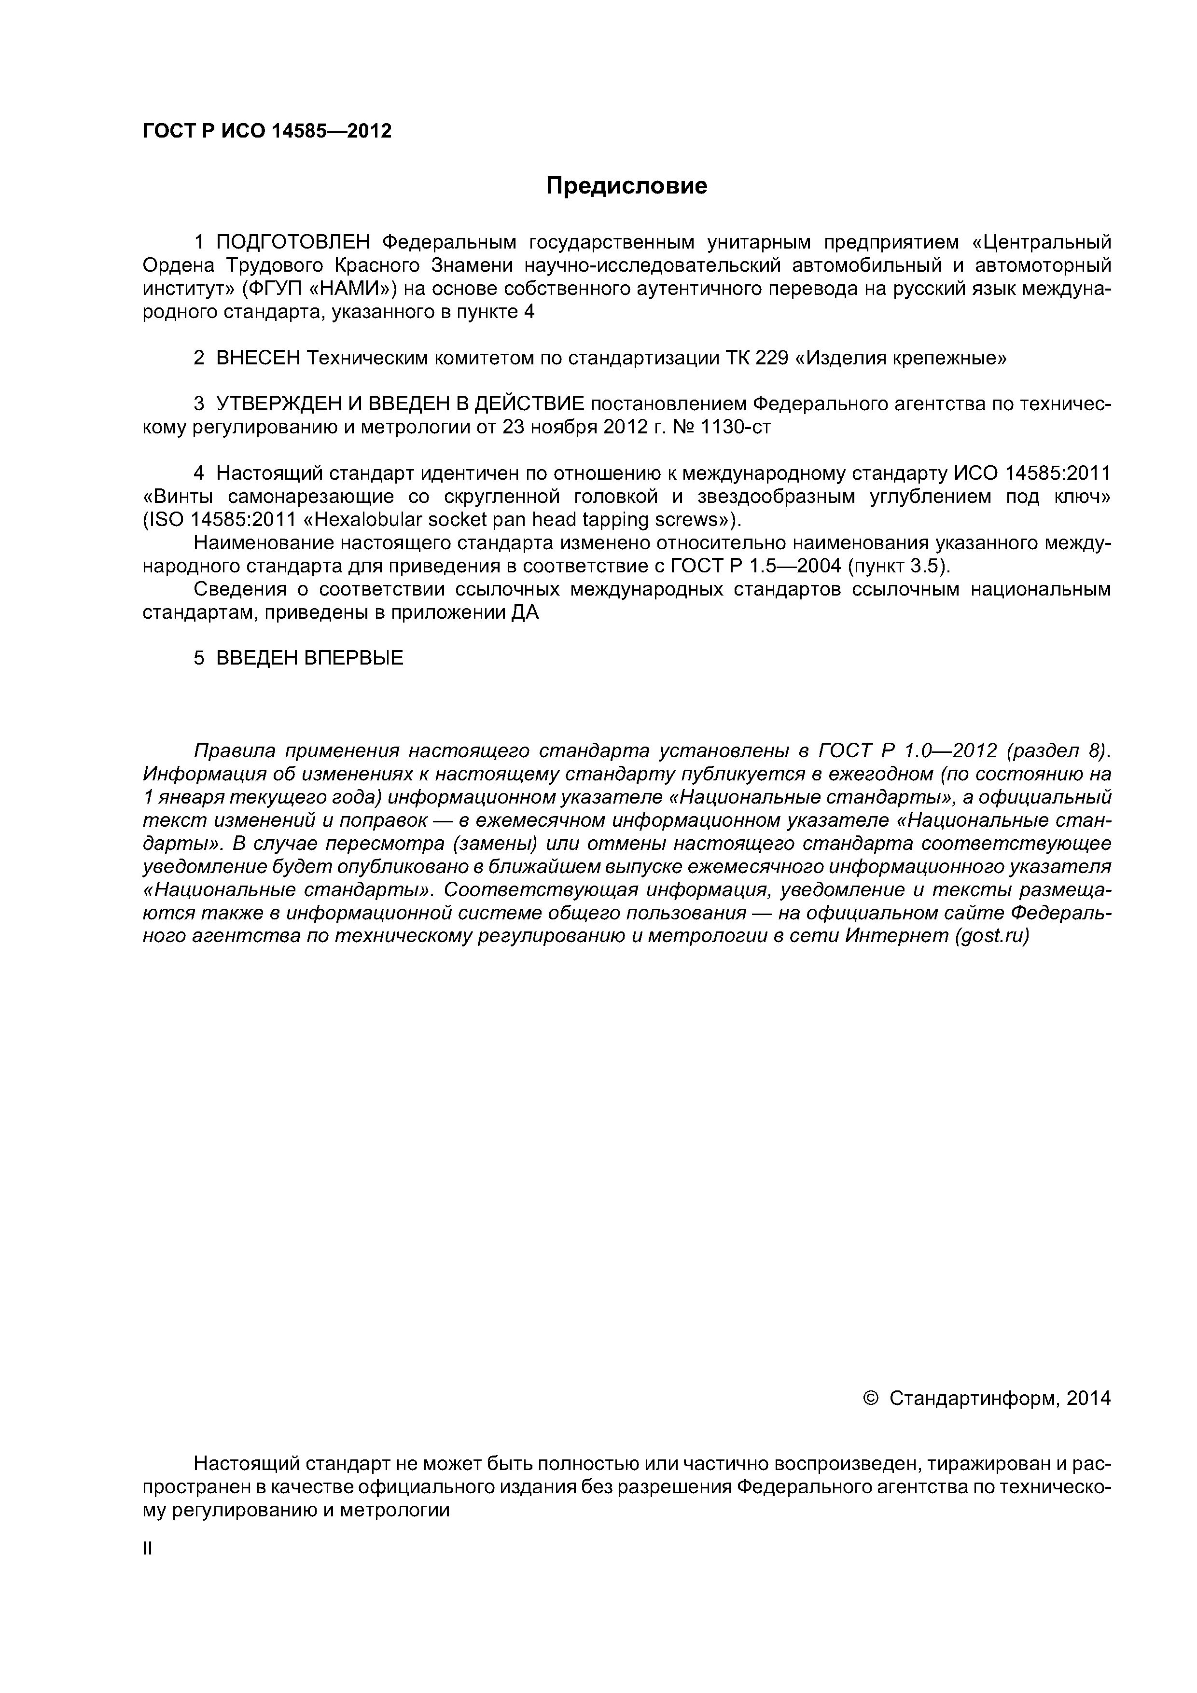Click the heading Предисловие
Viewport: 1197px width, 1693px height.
pyautogui.click(x=626, y=186)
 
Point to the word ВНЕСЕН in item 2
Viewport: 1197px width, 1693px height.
pyautogui.click(x=258, y=359)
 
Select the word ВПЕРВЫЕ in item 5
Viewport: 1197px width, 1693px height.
pyautogui.click(x=353, y=658)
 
